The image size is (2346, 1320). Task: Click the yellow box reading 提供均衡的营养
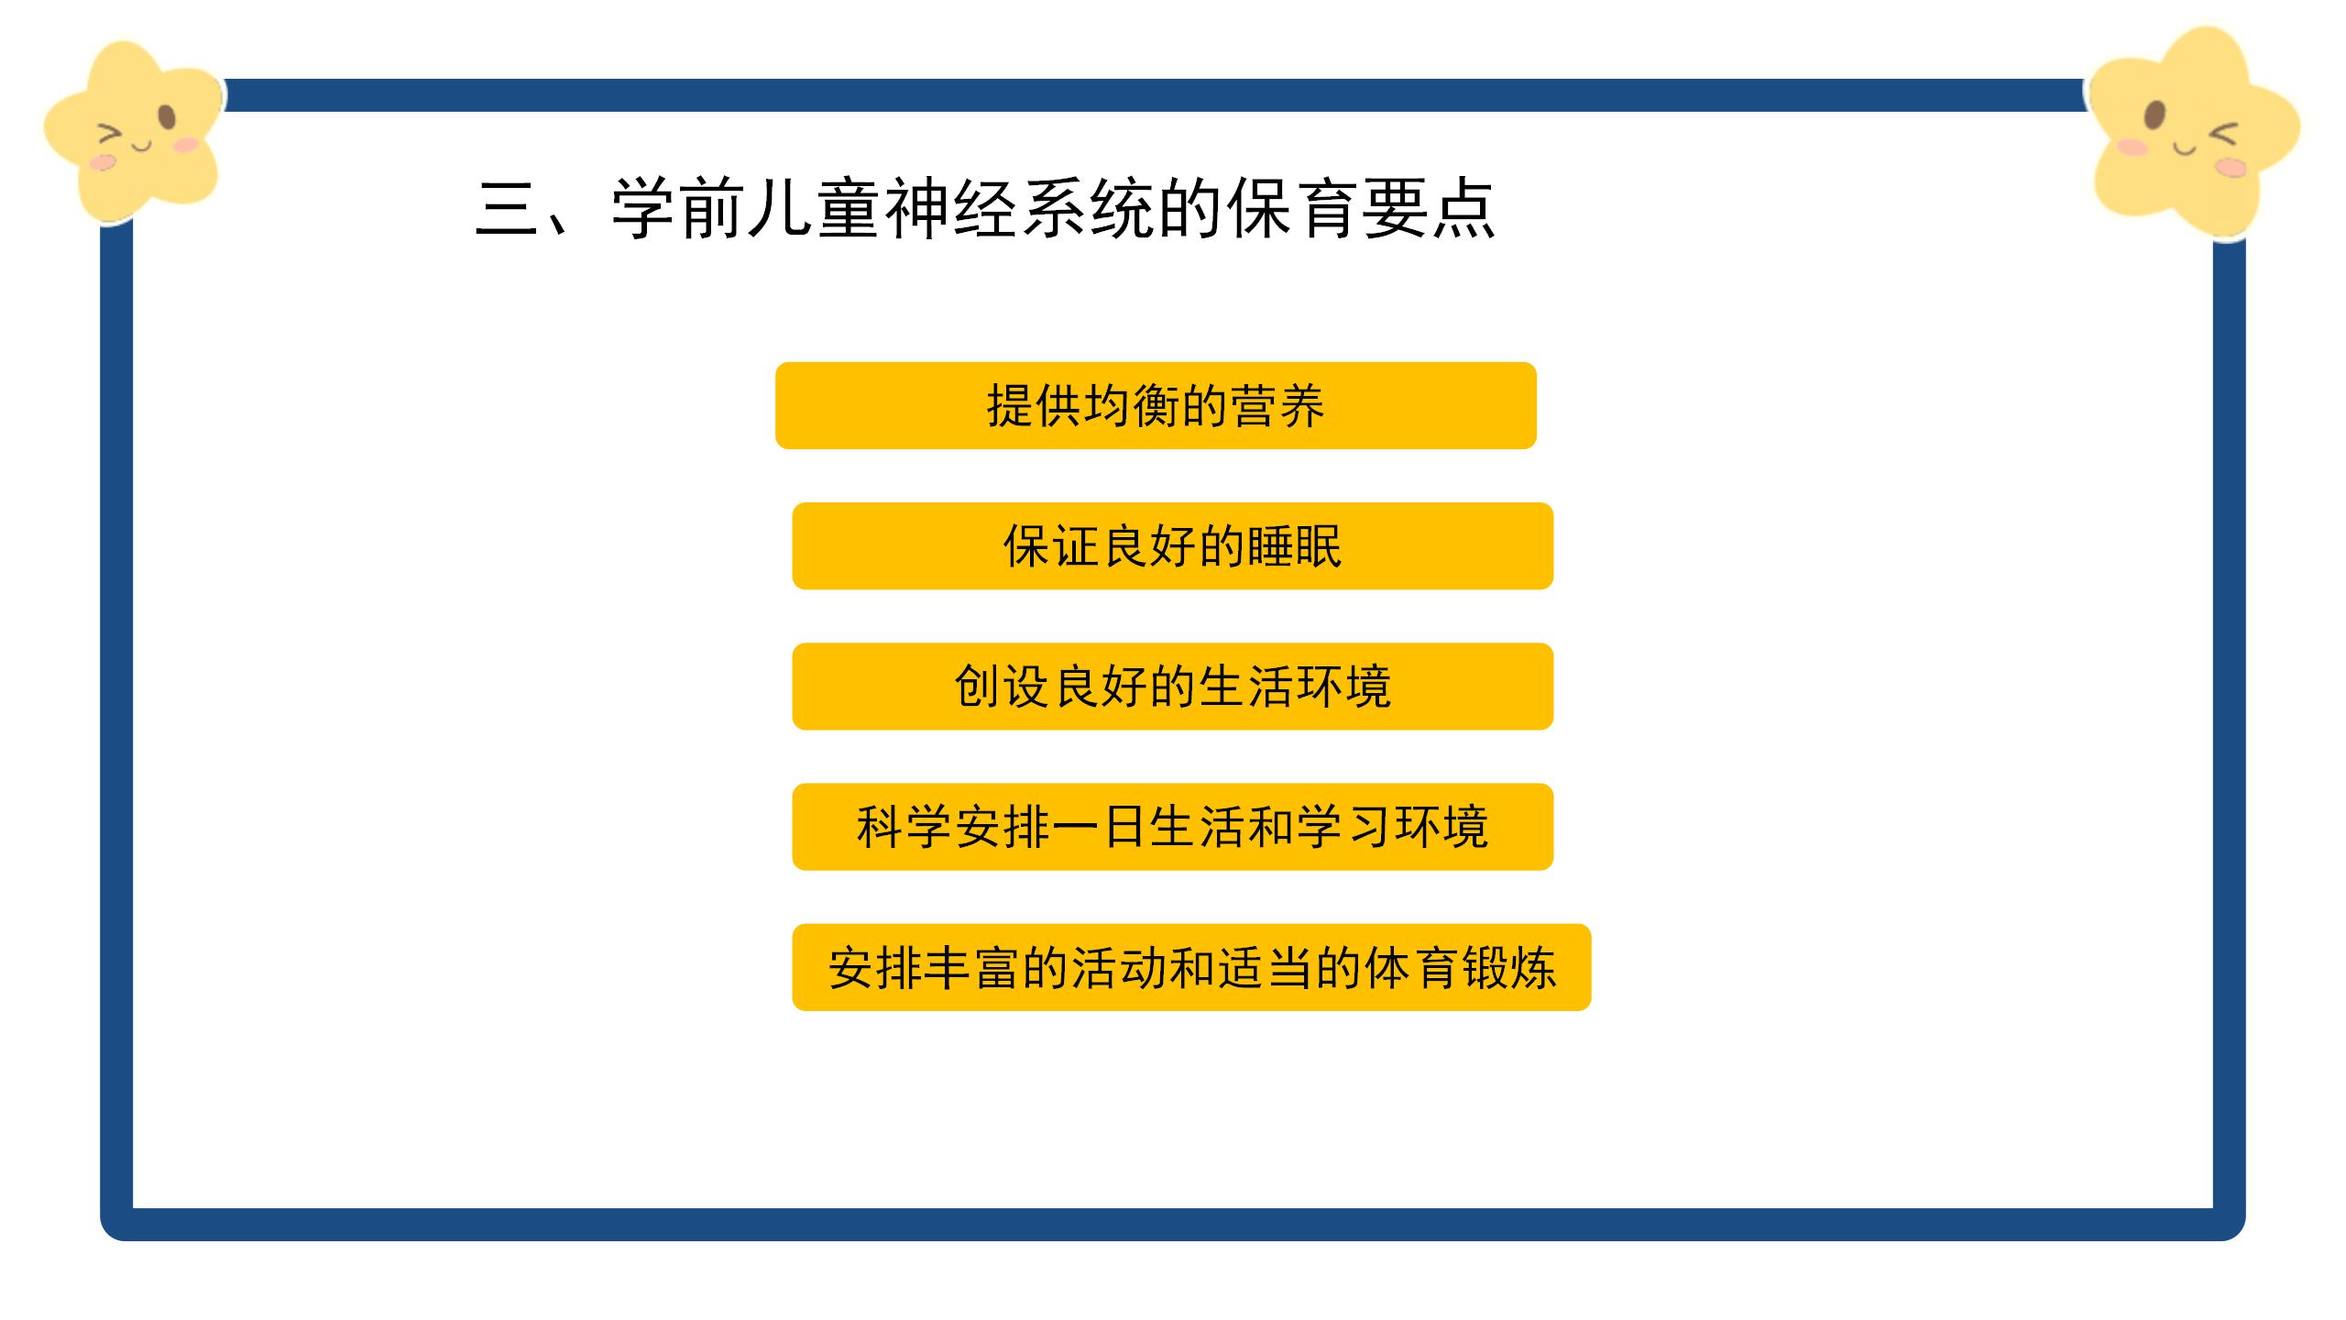coord(1156,405)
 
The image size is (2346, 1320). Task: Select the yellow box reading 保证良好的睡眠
coord(1172,545)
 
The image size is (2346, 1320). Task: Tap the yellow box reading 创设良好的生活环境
coord(1172,686)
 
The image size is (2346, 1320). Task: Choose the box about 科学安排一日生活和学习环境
coord(1172,826)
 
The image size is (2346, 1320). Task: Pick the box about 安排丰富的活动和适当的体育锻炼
coord(1191,967)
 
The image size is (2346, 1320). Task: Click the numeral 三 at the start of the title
coord(508,210)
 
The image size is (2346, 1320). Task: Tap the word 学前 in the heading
coord(678,209)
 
